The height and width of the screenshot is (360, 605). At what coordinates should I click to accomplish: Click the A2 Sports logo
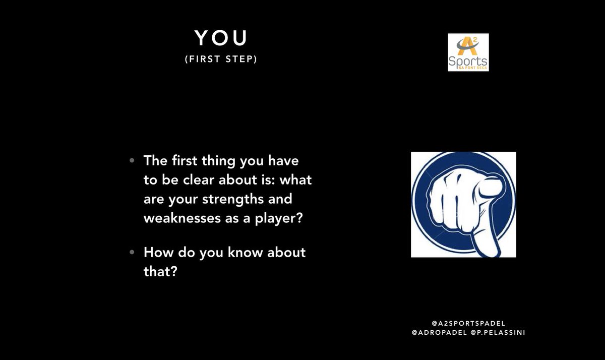coord(468,52)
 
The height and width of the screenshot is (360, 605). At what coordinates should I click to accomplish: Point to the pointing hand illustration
coord(463,204)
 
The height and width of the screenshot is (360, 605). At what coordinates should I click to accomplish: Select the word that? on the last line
coord(160,270)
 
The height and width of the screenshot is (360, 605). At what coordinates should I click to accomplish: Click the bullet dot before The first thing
coord(132,161)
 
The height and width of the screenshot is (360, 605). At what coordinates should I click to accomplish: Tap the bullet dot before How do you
coord(132,252)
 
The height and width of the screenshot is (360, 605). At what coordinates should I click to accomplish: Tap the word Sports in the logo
coord(468,60)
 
